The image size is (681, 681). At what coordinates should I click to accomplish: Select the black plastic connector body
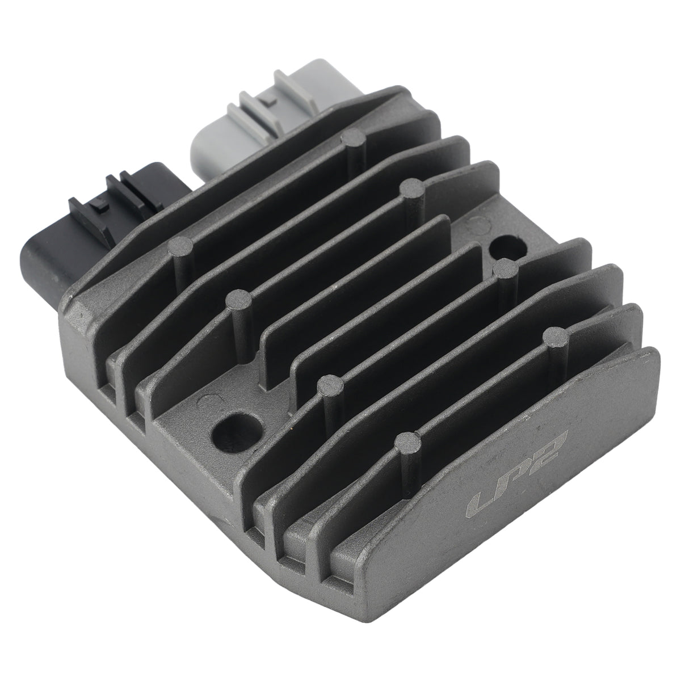99,226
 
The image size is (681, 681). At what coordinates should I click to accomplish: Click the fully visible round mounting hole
234,432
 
